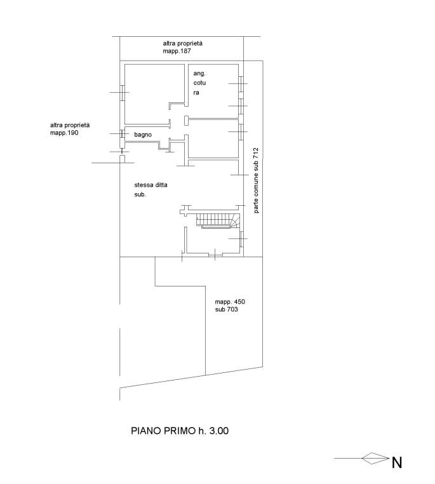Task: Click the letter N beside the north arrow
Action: click(397, 462)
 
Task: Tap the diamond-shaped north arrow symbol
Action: click(375, 459)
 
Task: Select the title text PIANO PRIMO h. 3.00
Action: click(180, 431)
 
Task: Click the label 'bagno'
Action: click(143, 135)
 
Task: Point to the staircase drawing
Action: click(218, 221)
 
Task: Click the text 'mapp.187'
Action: click(177, 51)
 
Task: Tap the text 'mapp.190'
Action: click(64, 133)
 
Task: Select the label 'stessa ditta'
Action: click(151, 185)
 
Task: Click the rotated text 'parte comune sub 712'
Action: click(256, 180)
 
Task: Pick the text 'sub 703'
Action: click(227, 309)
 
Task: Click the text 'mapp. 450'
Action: click(230, 302)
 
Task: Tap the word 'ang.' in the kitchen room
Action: click(199, 74)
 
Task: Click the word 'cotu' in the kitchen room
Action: click(199, 83)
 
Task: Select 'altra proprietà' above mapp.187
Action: click(183, 43)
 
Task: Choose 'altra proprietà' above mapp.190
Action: click(70, 125)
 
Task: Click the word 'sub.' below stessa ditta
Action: click(140, 194)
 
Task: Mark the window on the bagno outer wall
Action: click(121, 133)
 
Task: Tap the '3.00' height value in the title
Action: click(219, 431)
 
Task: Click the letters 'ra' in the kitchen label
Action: click(196, 93)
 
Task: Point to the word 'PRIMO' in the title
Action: click(179, 431)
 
